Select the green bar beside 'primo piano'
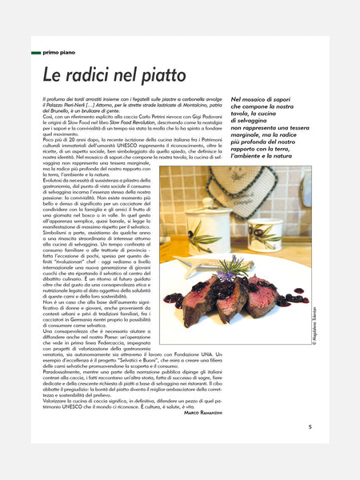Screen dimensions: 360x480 tap(36, 52)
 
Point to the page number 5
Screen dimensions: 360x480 tap(310, 426)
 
